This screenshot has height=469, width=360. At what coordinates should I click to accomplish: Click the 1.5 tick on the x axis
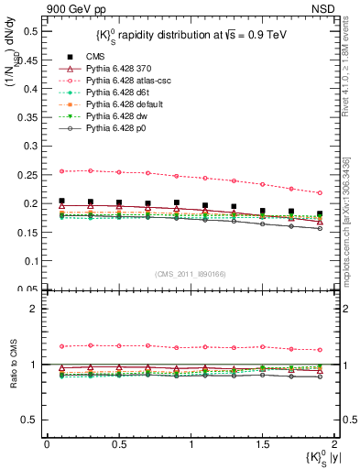pyautogui.click(x=262, y=443)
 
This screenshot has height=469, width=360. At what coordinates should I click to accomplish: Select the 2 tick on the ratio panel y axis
pyautogui.click(x=37, y=309)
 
